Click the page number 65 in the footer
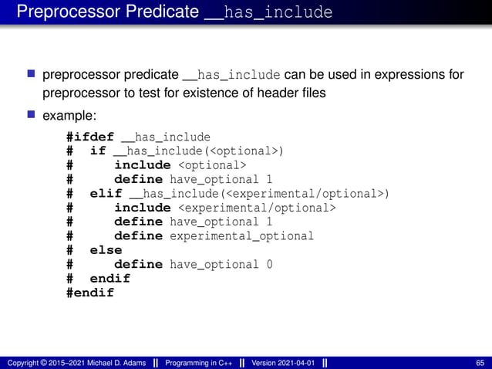click(x=480, y=363)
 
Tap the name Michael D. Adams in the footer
click(x=116, y=363)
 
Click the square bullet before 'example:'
click(x=32, y=115)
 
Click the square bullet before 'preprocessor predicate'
click(x=32, y=74)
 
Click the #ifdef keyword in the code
click(x=90, y=137)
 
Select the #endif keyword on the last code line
click(x=90, y=293)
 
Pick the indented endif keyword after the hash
click(x=110, y=278)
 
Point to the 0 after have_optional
click(x=269, y=264)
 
